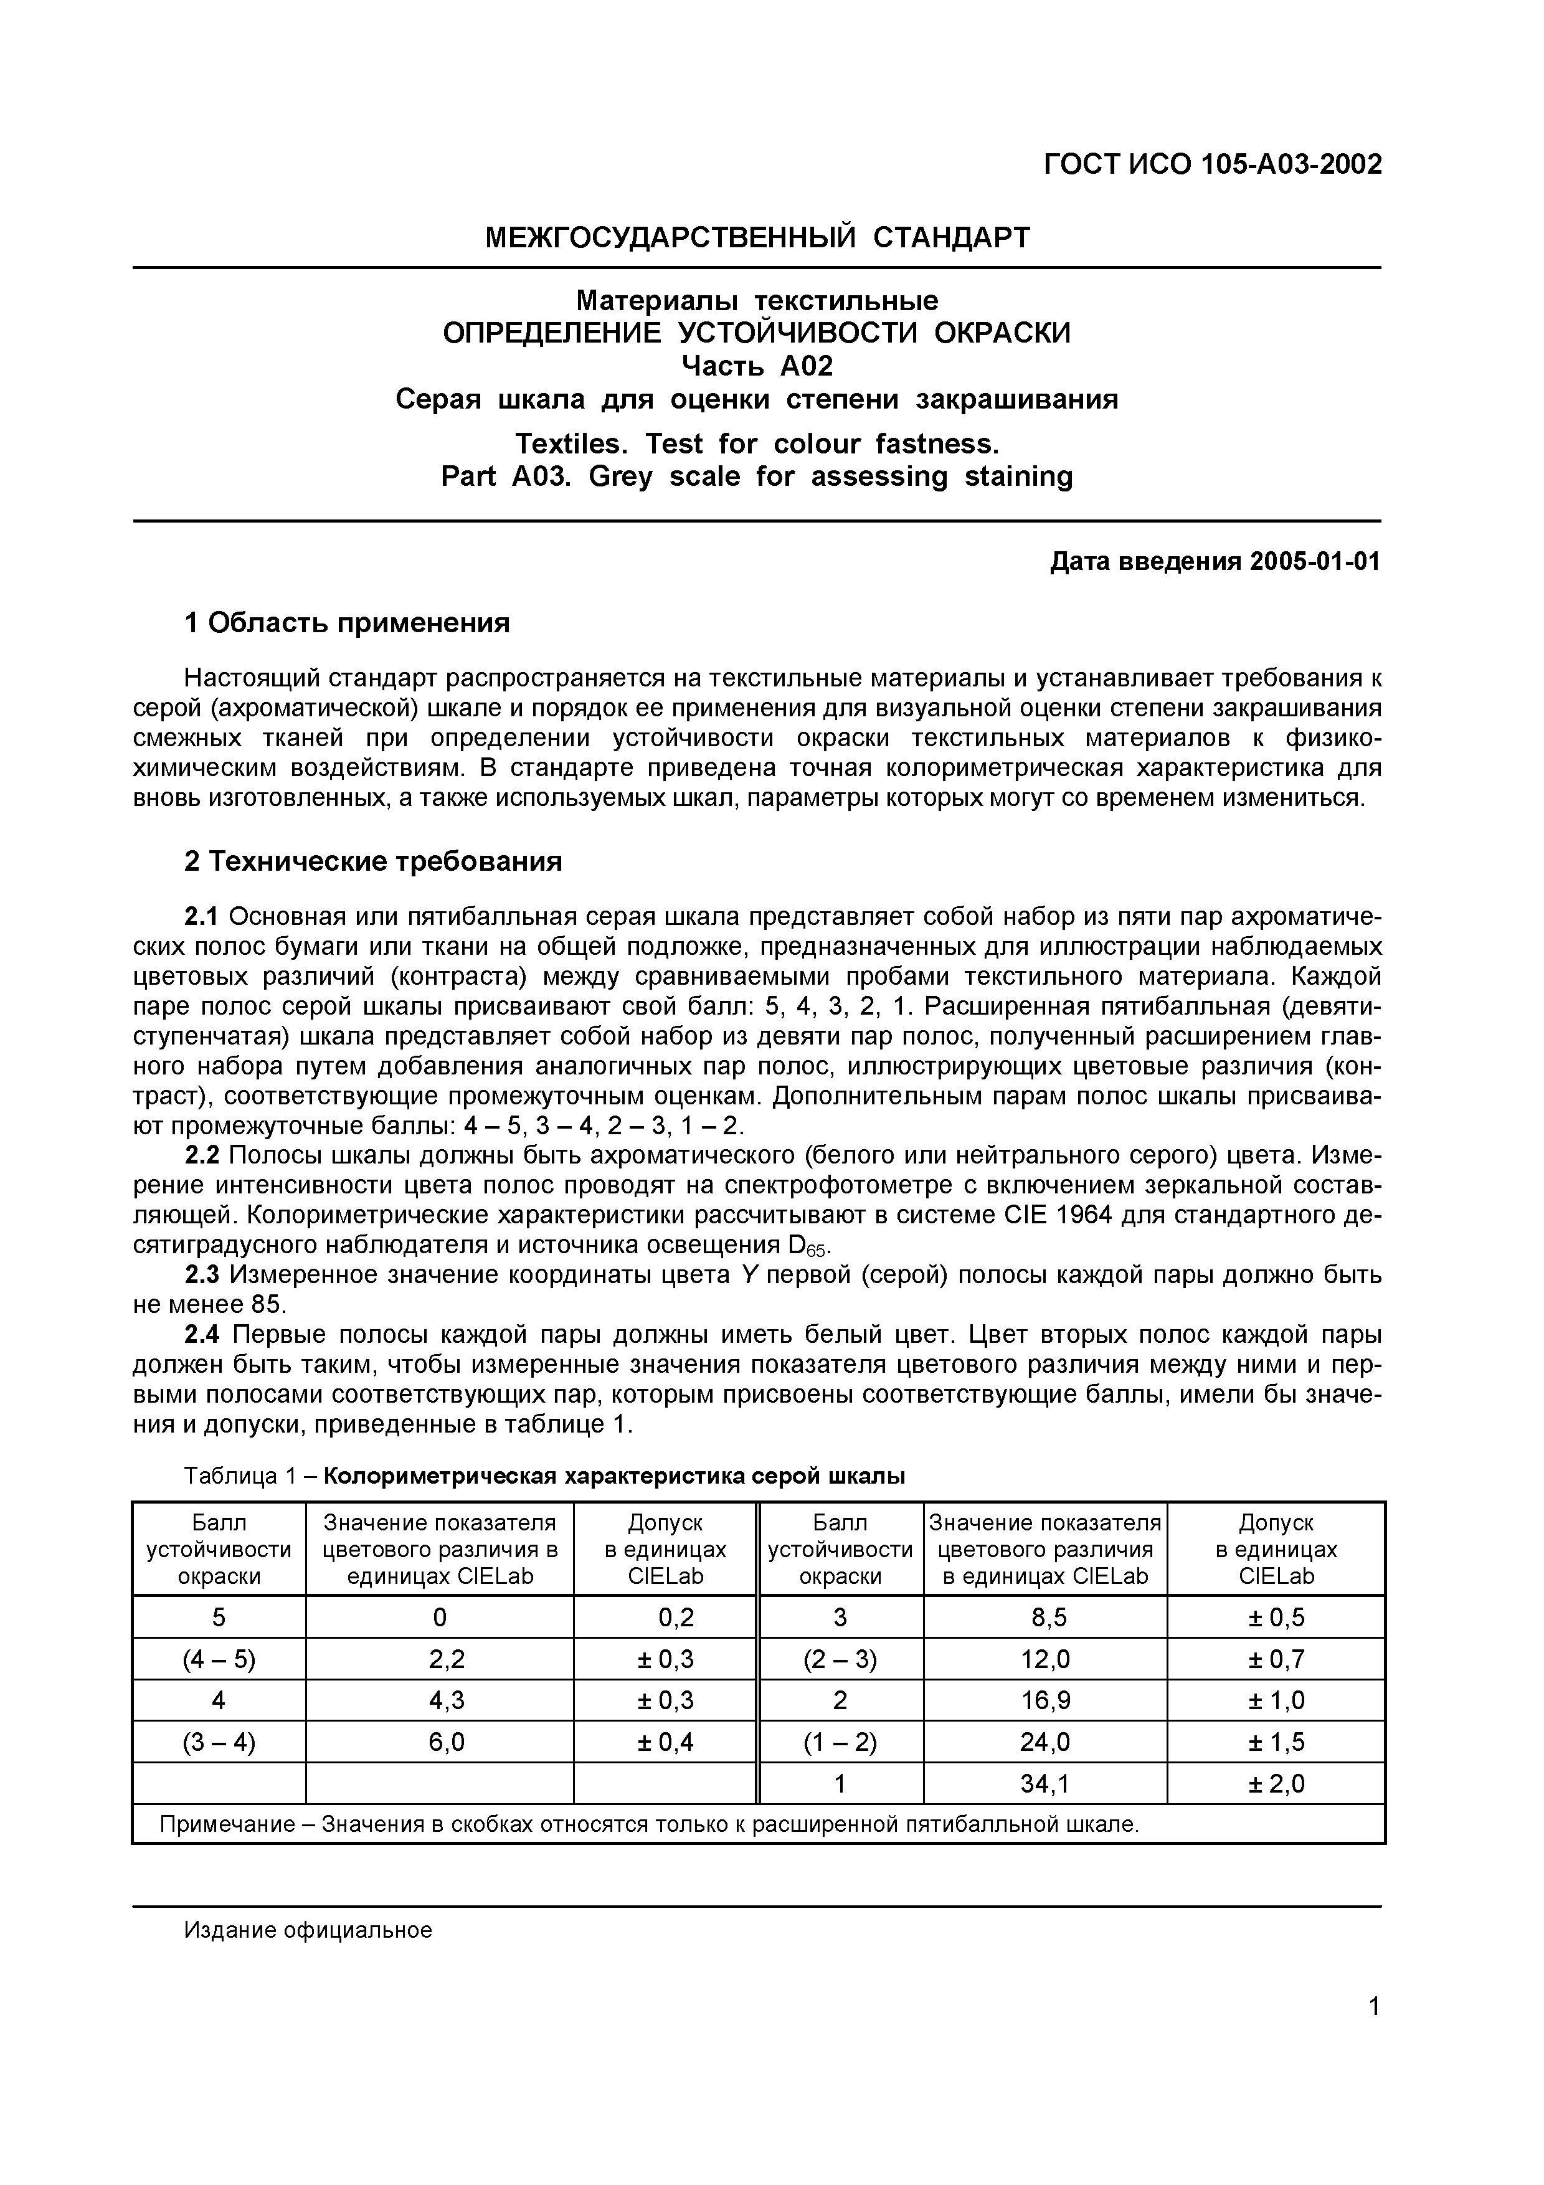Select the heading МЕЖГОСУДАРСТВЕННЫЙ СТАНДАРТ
click(x=757, y=237)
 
